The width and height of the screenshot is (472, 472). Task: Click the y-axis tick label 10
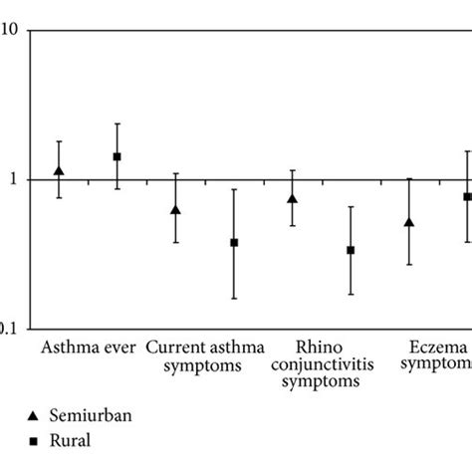click(9, 31)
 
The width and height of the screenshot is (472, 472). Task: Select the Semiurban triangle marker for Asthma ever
click(59, 171)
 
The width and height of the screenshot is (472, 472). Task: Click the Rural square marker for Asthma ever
click(118, 156)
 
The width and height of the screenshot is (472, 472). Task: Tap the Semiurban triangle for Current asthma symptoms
click(176, 210)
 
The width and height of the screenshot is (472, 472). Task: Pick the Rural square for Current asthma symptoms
click(235, 242)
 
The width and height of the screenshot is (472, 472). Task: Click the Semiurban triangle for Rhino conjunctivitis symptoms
click(293, 198)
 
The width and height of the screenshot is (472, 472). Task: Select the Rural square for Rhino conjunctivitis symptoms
click(351, 250)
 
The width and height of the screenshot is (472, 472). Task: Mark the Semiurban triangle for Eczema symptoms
click(409, 222)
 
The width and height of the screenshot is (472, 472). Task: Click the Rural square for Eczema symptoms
click(466, 197)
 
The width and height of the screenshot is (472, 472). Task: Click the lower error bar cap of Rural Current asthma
click(235, 299)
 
